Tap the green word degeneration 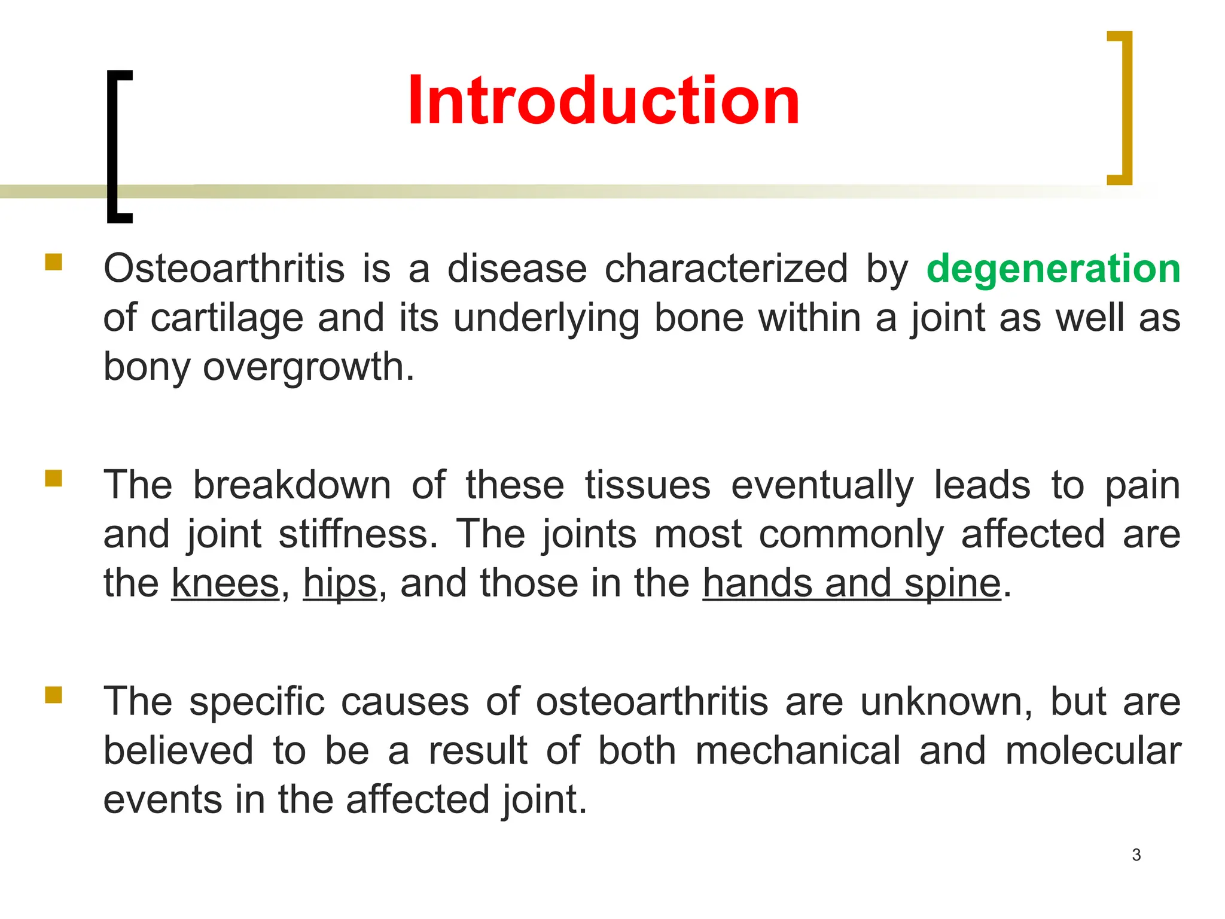click(1053, 268)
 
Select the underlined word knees click(226, 583)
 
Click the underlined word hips click(340, 583)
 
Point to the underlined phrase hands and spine click(851, 583)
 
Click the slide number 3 click(1136, 855)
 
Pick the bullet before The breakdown click(53, 479)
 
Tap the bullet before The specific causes click(53, 695)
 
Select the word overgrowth click(308, 366)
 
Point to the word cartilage click(227, 317)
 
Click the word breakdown click(291, 485)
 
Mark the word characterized click(726, 268)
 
